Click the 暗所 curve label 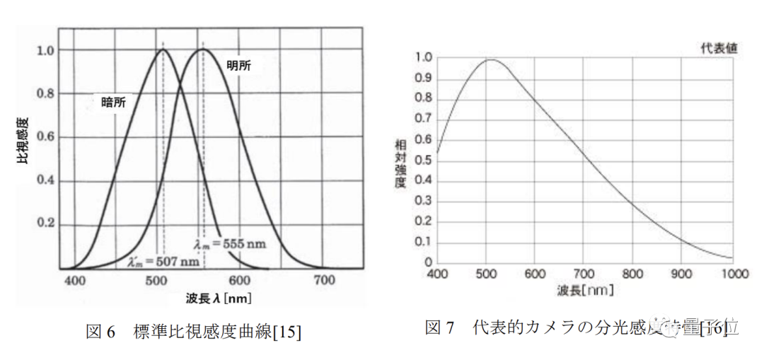coord(109,103)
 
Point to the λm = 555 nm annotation coord(230,244)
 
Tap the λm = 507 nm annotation coord(155,262)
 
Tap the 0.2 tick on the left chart coord(45,223)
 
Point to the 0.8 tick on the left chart coord(45,93)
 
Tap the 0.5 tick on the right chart coord(423,160)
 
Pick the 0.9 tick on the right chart coord(423,79)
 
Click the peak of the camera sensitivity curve coord(490,60)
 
